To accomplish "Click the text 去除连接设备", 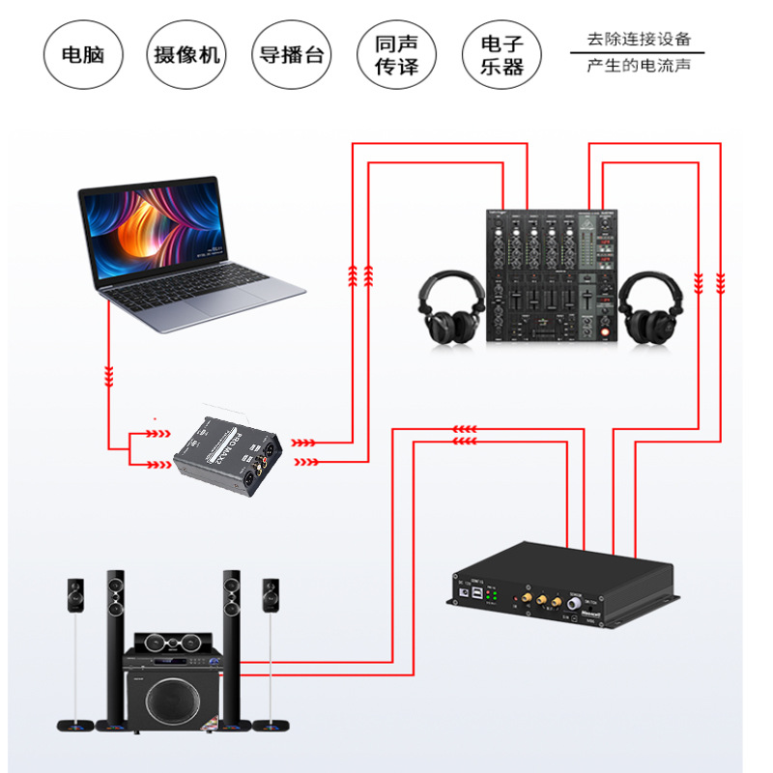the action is point(641,40).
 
